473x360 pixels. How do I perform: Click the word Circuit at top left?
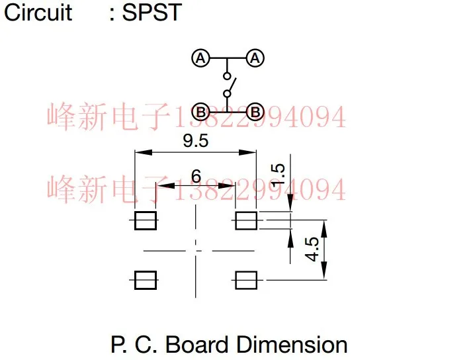tap(38, 12)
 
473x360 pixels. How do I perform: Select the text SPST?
tap(151, 12)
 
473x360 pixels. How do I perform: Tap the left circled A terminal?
tap(201, 58)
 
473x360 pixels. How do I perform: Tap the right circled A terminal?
tap(256, 58)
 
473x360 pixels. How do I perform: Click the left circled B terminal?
tap(201, 111)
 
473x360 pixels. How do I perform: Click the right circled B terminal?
tap(256, 111)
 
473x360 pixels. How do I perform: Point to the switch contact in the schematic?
tap(228, 85)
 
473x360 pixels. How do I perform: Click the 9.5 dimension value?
tap(195, 140)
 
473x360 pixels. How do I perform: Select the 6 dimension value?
tap(196, 176)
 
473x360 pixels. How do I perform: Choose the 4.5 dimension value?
tap(312, 250)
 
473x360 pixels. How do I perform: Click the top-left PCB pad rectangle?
tap(146, 220)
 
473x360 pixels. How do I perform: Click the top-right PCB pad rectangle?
tap(246, 220)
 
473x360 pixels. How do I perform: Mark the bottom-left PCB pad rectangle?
tap(146, 280)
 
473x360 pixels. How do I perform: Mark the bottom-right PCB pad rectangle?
tap(246, 280)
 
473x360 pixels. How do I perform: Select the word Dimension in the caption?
tap(292, 344)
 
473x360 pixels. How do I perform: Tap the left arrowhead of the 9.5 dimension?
tap(140, 152)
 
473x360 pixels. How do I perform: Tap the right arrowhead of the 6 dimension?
tap(232, 186)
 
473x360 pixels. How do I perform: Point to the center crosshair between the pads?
tap(195, 251)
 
